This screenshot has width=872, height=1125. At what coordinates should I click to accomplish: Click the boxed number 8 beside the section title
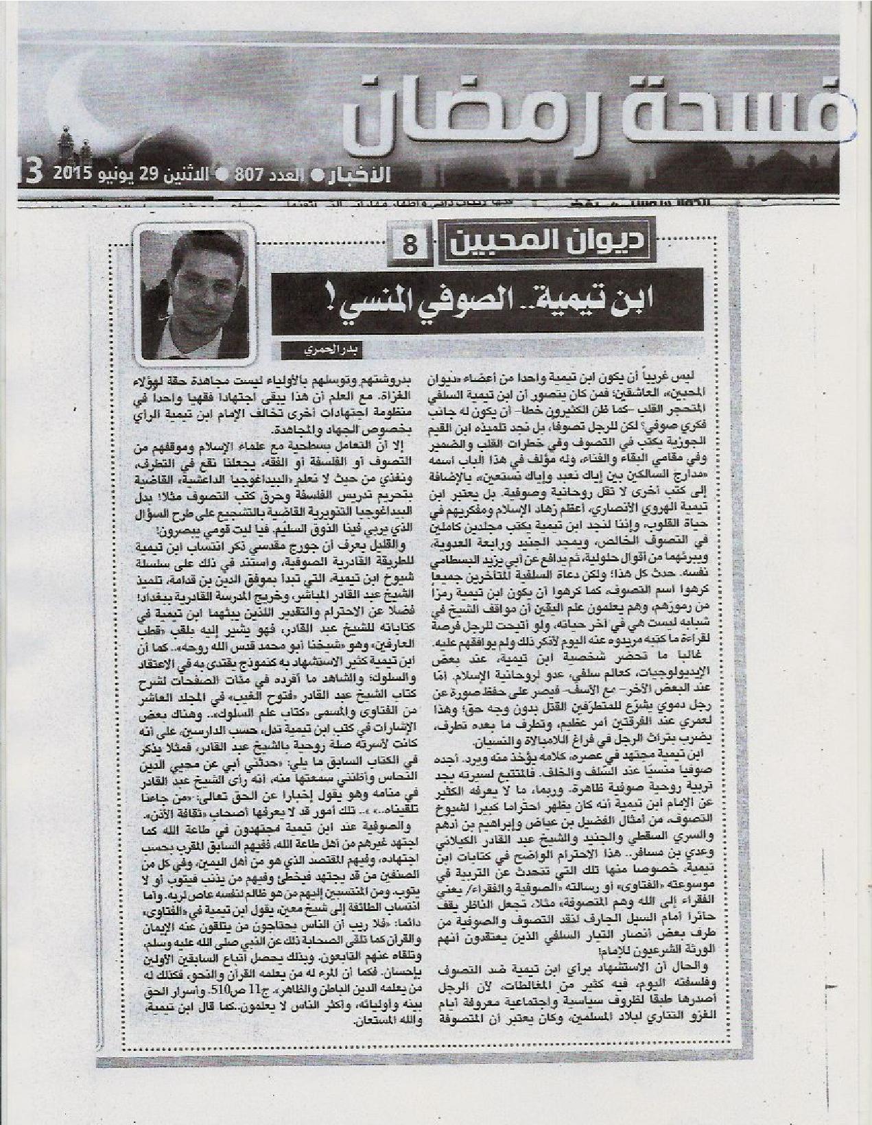click(x=410, y=244)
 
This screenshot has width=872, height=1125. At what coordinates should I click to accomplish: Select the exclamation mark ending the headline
click(x=298, y=301)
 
